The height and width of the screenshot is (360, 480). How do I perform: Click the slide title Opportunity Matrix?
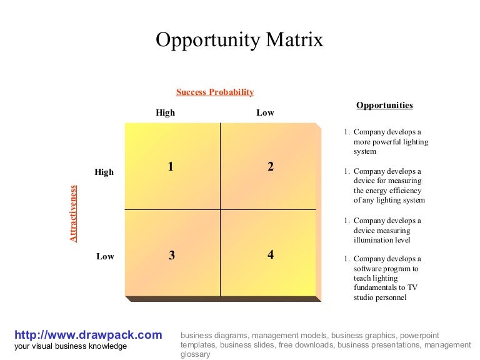pyautogui.click(x=239, y=40)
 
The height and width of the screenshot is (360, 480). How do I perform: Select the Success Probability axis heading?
pyautogui.click(x=215, y=92)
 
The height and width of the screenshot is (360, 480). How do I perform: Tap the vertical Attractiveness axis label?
pyautogui.click(x=73, y=213)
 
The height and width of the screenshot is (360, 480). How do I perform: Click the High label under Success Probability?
pyautogui.click(x=166, y=113)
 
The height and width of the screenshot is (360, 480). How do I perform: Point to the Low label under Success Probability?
pyautogui.click(x=265, y=113)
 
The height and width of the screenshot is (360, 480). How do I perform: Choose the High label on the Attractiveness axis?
pyautogui.click(x=104, y=172)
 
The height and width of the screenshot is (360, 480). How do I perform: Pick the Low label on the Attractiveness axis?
pyautogui.click(x=105, y=256)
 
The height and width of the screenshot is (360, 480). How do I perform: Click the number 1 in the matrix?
pyautogui.click(x=171, y=166)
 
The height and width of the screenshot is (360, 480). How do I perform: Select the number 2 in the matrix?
pyautogui.click(x=271, y=166)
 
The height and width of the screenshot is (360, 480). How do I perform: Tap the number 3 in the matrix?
pyautogui.click(x=171, y=255)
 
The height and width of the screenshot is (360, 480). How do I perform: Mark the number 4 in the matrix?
pyautogui.click(x=271, y=254)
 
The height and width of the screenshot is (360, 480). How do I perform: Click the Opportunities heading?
pyautogui.click(x=384, y=106)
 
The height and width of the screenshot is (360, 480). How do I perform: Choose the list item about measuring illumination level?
pyautogui.click(x=387, y=230)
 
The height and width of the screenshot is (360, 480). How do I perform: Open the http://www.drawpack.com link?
pyautogui.click(x=88, y=335)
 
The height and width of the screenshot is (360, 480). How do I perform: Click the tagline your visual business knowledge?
pyautogui.click(x=71, y=346)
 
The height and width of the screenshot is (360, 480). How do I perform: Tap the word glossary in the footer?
pyautogui.click(x=195, y=354)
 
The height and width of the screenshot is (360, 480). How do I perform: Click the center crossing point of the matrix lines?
pyautogui.click(x=220, y=209)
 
